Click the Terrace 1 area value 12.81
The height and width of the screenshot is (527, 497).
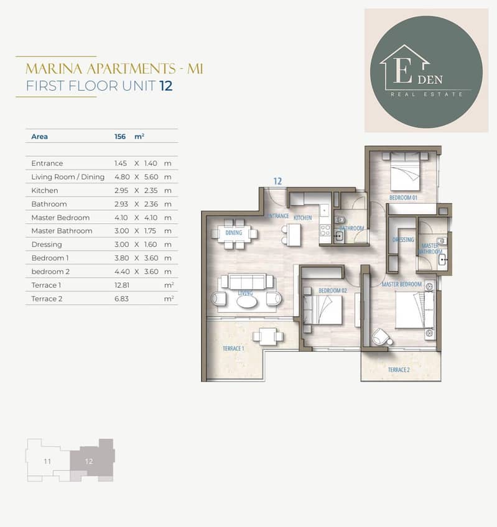[122, 285]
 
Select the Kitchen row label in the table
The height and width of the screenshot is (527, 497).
[44, 190]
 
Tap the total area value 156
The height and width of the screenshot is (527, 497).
[120, 137]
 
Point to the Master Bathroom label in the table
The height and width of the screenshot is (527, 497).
[62, 231]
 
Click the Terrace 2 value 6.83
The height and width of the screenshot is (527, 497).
[121, 298]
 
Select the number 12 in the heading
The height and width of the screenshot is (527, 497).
[166, 86]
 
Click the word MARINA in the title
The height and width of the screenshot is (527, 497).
[54, 69]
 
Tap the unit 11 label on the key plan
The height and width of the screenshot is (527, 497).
[47, 462]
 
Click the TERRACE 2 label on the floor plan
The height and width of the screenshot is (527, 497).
[399, 370]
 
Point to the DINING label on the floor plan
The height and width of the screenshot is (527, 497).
[234, 232]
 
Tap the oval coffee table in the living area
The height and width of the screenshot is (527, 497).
[247, 302]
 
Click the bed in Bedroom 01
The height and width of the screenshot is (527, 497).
[405, 172]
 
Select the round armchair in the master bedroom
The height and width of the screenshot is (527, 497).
[381, 337]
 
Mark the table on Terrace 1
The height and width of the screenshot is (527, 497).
[264, 336]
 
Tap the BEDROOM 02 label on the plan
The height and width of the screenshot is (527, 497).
[332, 290]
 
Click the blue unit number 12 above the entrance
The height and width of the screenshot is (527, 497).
[277, 181]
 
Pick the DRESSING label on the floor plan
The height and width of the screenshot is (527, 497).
[403, 240]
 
